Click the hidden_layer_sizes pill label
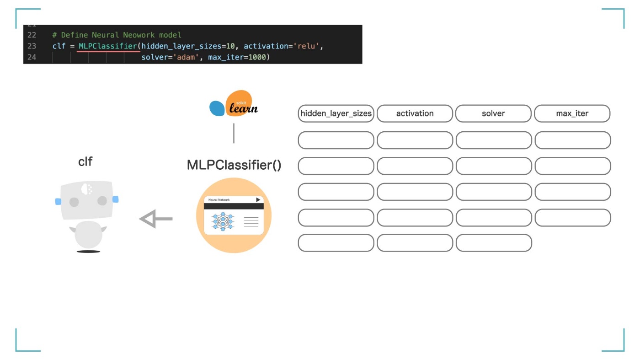click(336, 113)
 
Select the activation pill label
click(415, 113)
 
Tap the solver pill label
click(493, 113)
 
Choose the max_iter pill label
click(572, 113)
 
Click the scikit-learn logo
click(234, 103)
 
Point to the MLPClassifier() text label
click(234, 165)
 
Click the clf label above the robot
click(85, 161)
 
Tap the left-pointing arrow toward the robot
click(156, 219)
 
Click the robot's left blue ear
click(58, 202)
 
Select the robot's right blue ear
click(115, 199)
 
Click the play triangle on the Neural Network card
click(258, 199)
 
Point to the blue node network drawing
click(223, 221)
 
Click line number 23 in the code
click(32, 46)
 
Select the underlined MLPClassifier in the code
click(108, 46)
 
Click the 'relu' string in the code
click(306, 46)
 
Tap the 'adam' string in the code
click(186, 57)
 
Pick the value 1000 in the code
click(257, 57)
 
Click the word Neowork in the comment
click(139, 35)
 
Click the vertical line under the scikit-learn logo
click(234, 133)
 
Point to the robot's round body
click(88, 235)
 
